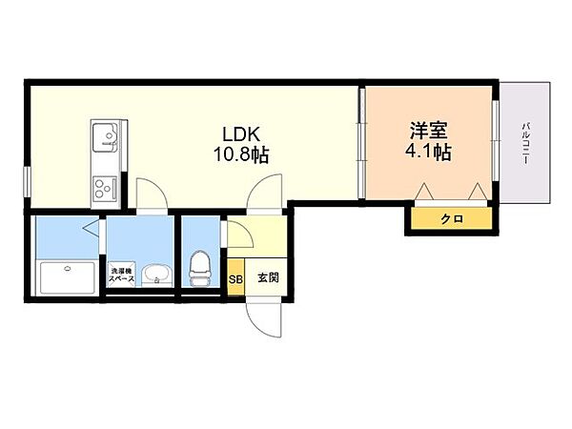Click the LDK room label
click(x=241, y=134)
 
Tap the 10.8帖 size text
click(x=241, y=154)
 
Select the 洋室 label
click(x=429, y=131)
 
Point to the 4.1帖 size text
click(x=429, y=152)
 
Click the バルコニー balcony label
click(x=525, y=143)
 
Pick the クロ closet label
click(x=452, y=219)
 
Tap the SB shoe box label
click(x=235, y=279)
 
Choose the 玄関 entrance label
click(x=269, y=277)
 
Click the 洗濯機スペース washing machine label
click(x=122, y=276)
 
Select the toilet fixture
click(x=199, y=269)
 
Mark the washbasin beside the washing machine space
click(x=156, y=274)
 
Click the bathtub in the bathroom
click(x=68, y=277)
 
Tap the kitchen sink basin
click(x=106, y=137)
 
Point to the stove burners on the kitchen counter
click(x=105, y=189)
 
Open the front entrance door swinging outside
click(x=264, y=317)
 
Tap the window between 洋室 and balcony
click(x=496, y=140)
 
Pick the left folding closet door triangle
click(x=424, y=191)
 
